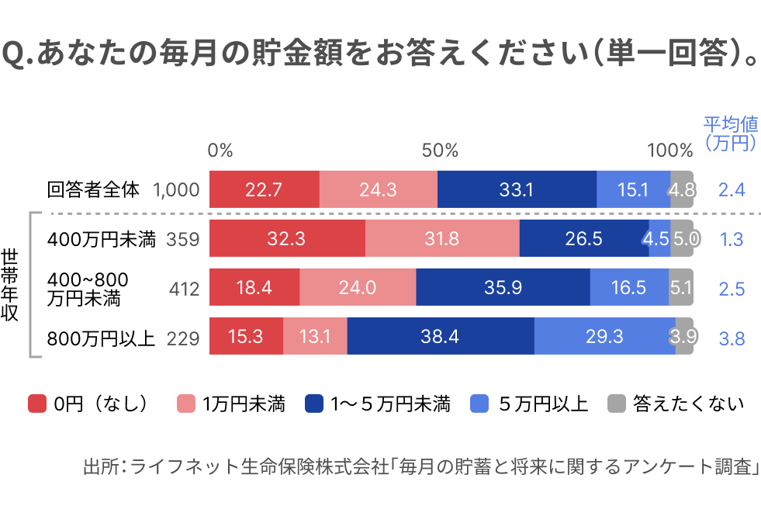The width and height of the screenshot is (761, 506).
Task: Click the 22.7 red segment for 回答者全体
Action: click(x=264, y=189)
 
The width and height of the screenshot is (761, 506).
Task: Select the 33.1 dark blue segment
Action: click(x=517, y=189)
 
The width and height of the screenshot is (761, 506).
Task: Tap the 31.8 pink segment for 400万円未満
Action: click(x=441, y=239)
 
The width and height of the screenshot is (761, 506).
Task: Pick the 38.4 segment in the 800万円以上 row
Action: click(x=441, y=338)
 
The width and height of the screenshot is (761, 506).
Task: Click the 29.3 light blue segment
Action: click(x=604, y=338)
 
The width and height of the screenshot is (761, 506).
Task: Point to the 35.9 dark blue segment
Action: click(x=503, y=288)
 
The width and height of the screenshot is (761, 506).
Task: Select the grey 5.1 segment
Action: click(x=681, y=288)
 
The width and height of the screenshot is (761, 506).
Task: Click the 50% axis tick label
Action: click(x=440, y=151)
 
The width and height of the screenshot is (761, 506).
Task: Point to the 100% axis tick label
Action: click(x=669, y=151)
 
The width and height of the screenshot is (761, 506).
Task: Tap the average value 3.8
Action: click(x=732, y=338)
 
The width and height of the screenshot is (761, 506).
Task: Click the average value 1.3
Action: click(x=732, y=240)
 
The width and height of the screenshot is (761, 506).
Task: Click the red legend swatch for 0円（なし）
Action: click(x=37, y=404)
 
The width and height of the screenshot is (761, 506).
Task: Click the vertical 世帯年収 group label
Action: click(x=11, y=285)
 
